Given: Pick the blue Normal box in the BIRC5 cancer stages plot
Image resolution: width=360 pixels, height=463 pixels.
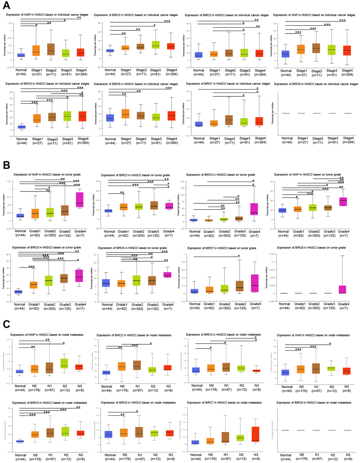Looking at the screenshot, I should pyautogui.click(x=22, y=127).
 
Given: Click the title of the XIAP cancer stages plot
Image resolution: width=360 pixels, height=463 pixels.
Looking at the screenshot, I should pyautogui.click(x=314, y=15).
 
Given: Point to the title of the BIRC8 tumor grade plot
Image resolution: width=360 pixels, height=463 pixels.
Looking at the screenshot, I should pyautogui.click(x=311, y=248).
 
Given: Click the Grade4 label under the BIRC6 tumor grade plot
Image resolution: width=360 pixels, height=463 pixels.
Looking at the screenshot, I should pyautogui.click(x=168, y=305).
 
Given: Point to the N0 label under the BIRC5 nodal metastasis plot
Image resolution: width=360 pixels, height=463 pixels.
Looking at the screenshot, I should pyautogui.click(x=35, y=455).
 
